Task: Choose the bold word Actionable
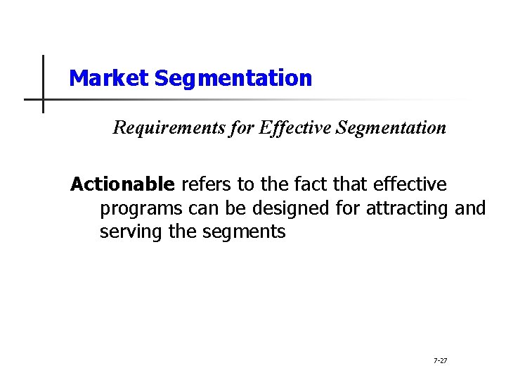(x=122, y=184)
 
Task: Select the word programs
(x=141, y=208)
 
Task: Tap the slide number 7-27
(x=440, y=360)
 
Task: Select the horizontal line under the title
(x=211, y=99)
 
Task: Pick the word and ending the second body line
(x=470, y=208)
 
